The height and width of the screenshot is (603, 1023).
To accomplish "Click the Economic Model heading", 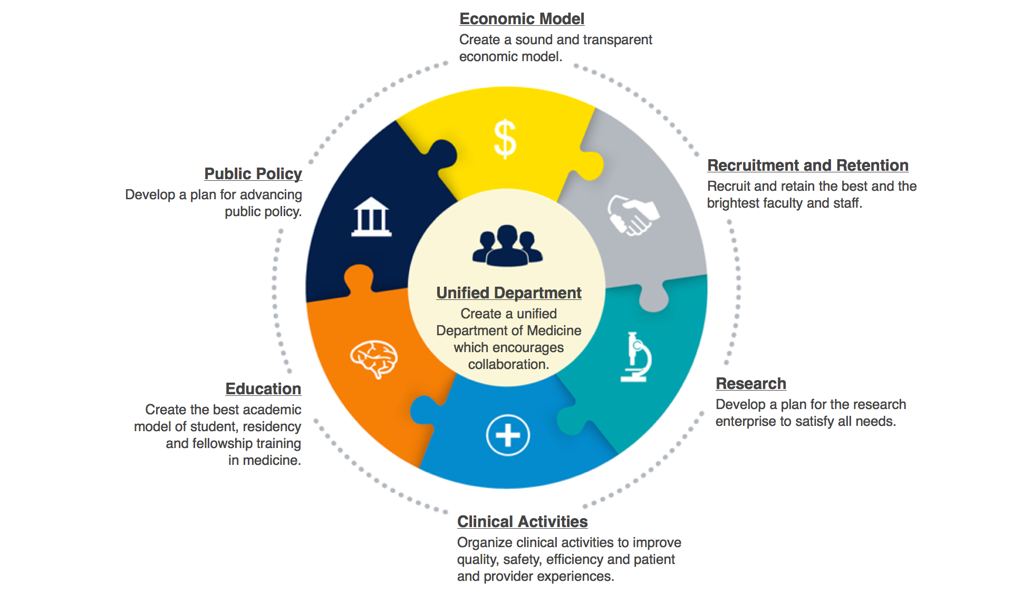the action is point(522,19).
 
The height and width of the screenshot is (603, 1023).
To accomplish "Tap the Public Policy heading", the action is point(253,174).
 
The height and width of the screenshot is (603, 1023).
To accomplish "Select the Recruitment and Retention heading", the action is point(808,166).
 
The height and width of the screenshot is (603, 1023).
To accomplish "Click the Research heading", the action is point(751,384).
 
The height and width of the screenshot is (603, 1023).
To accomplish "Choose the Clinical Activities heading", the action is point(522,522).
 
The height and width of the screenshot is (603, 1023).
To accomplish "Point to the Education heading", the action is point(263,389).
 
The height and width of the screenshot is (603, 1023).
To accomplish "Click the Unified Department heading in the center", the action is point(509,293).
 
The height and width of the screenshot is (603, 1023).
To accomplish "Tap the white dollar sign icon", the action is point(505,139).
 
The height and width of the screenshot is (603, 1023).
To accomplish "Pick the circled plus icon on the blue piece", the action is point(508,435).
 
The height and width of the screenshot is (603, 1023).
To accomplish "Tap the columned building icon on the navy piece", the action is point(371,217).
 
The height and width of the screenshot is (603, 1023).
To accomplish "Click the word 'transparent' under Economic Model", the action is point(617,40).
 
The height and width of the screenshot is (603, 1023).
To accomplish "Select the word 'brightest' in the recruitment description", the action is point(732,203).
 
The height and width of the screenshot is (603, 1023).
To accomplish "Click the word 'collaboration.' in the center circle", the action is point(509,365).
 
